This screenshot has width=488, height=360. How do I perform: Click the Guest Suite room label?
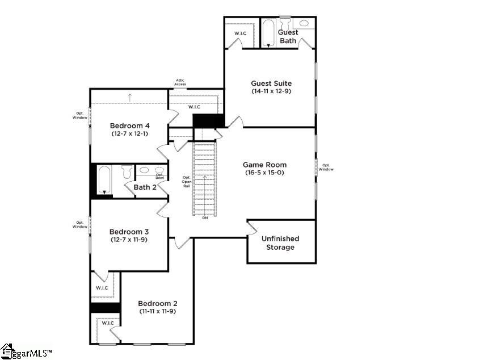[x=271, y=83]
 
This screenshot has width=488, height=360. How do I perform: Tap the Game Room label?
[x=265, y=165]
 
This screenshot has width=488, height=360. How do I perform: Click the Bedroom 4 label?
[x=130, y=125]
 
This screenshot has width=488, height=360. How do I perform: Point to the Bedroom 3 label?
[x=129, y=232]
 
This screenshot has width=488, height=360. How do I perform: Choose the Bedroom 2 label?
[x=158, y=303]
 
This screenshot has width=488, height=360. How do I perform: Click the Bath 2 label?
[x=145, y=187]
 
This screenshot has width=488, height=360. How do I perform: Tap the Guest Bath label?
[x=288, y=36]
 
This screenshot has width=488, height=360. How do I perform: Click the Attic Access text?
[x=180, y=82]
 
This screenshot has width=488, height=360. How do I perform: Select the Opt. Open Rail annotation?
[x=186, y=182]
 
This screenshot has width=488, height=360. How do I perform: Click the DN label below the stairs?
[x=205, y=218]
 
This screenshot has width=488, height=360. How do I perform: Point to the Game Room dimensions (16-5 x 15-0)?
[x=265, y=173]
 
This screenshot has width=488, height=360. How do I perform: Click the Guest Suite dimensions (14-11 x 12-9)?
[x=271, y=91]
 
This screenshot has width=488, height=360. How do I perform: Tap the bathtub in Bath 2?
[x=104, y=180]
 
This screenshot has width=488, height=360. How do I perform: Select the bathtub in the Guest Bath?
[x=268, y=33]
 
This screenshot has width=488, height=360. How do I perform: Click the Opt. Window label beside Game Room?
[x=326, y=167]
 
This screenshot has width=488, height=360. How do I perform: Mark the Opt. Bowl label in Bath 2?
[x=160, y=176]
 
